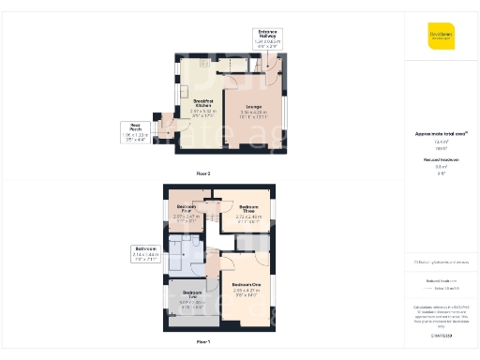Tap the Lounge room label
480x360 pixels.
click(252, 107)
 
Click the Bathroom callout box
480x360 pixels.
click(148, 255)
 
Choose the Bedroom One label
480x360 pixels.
click(246, 284)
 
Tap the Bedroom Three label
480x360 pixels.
click(248, 207)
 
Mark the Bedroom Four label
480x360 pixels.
click(187, 207)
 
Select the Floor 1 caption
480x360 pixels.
click(202, 343)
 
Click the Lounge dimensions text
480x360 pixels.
click(252, 114)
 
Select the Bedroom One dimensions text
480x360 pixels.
click(246, 292)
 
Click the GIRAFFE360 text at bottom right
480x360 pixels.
click(442, 336)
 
